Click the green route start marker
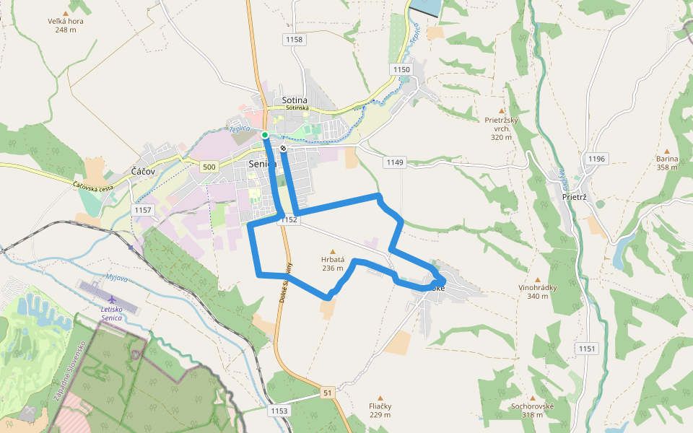[265, 135]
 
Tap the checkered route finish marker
[284, 149]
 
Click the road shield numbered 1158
[295, 40]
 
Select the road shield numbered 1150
[401, 69]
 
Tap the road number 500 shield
[209, 167]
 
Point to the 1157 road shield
[143, 210]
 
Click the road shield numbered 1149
[394, 162]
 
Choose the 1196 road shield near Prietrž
[598, 159]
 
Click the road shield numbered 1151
[587, 349]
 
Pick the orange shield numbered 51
[328, 393]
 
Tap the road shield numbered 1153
[279, 411]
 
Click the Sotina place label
[295, 100]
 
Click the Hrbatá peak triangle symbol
[333, 250]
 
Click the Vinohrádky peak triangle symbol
[537, 279]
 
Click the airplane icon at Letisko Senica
[112, 299]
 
